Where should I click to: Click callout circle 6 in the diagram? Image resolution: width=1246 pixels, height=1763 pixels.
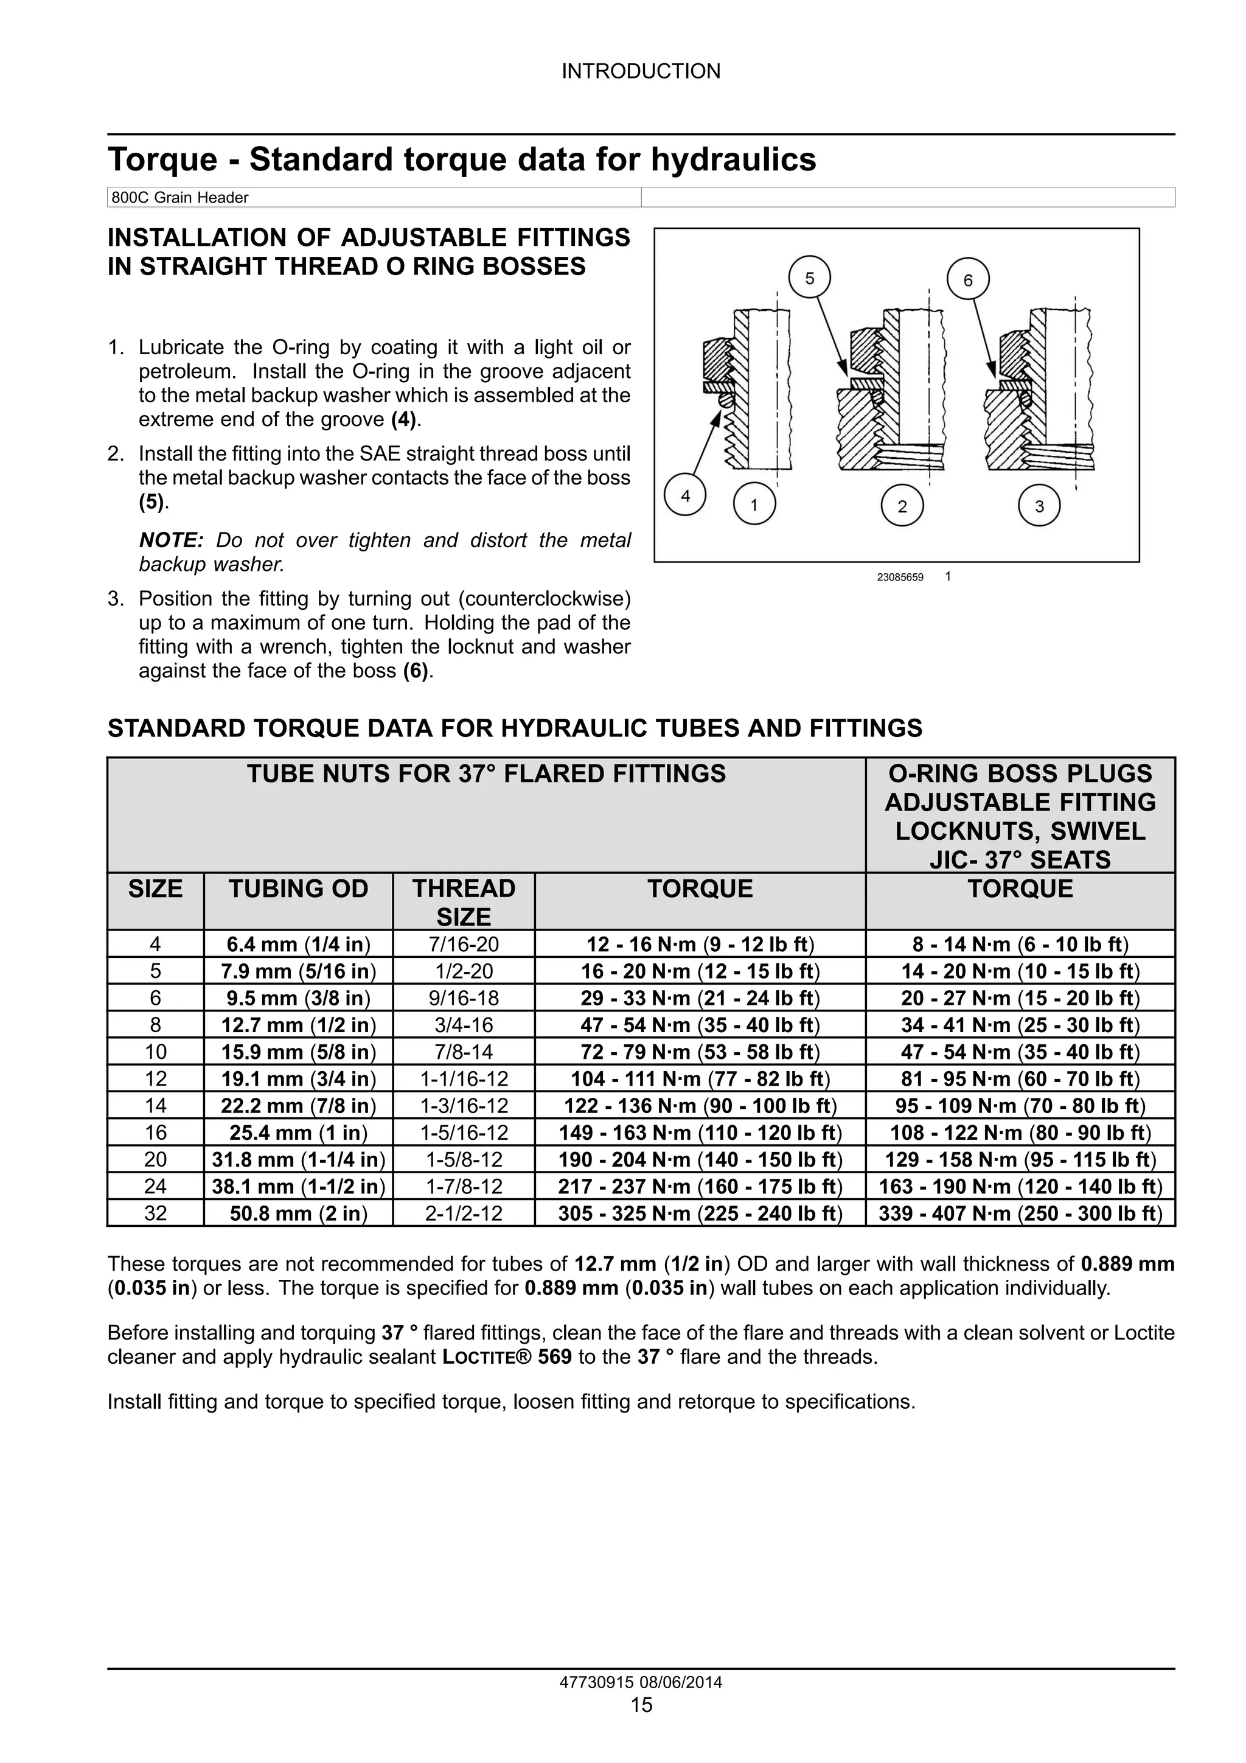point(967,281)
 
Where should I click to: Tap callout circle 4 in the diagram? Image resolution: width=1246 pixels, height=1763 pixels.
point(686,496)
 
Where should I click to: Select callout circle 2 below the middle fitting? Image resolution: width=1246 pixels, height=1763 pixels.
point(902,506)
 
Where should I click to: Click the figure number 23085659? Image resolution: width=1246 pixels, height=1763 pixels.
point(900,578)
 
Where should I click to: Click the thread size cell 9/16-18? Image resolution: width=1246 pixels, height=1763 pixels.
point(464,998)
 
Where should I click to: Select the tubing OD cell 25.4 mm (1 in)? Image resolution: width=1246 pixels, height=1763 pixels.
point(298,1133)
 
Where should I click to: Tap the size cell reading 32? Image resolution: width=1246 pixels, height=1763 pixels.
point(155,1213)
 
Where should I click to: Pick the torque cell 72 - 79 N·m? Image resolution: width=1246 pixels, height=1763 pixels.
point(700,1052)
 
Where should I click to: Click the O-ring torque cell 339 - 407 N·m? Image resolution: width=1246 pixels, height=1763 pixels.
point(1020,1213)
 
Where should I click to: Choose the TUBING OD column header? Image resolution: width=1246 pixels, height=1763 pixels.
point(298,888)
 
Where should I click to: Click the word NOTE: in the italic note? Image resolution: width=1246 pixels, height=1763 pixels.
point(170,540)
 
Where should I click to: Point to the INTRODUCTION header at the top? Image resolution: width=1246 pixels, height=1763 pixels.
point(641,71)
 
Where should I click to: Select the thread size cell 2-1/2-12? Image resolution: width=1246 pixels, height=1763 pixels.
point(464,1213)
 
